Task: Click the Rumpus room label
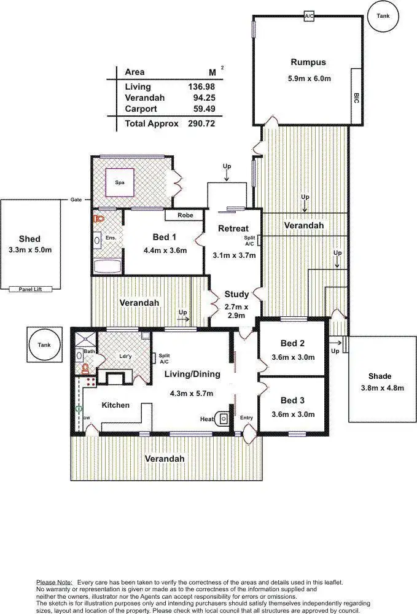(308, 62)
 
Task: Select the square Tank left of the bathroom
(44, 345)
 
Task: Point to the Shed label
(29, 239)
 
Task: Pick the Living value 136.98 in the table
(201, 87)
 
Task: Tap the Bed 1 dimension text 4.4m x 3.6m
(165, 250)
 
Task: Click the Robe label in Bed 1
(185, 216)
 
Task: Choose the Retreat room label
(233, 229)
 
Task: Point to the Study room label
(236, 294)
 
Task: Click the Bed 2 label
(292, 344)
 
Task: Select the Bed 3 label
(292, 400)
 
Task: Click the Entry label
(246, 418)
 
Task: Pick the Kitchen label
(115, 405)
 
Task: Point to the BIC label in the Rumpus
(356, 98)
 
